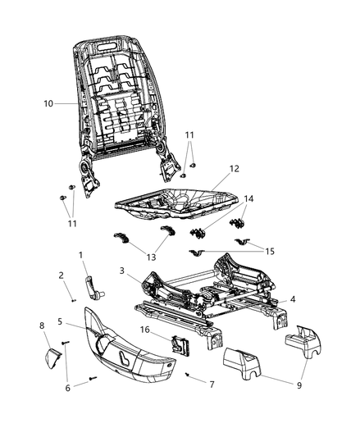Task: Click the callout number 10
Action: tap(49, 104)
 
